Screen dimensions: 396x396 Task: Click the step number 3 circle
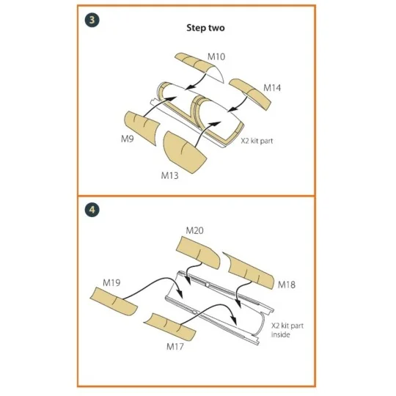[x=92, y=20]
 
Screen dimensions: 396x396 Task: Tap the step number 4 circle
[x=92, y=210]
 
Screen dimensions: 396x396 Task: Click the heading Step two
[x=205, y=28]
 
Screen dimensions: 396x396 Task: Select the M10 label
[x=216, y=56]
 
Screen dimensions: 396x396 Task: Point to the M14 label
[x=272, y=88]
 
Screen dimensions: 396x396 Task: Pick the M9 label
[x=128, y=139]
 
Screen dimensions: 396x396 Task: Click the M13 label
[x=169, y=175]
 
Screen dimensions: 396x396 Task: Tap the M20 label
[x=194, y=230]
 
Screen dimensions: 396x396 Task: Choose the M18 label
[x=287, y=285]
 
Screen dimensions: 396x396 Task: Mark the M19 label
[x=111, y=282]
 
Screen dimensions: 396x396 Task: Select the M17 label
[x=175, y=346]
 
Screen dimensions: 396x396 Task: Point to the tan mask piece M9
[x=142, y=127]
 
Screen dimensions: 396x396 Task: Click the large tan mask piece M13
[x=183, y=151]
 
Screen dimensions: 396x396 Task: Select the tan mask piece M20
[x=198, y=252]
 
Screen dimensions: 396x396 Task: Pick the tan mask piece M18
[x=250, y=271]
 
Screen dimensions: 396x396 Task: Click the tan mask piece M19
[x=114, y=301]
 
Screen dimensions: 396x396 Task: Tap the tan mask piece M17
[x=170, y=326]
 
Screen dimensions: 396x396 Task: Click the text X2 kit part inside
[x=287, y=330]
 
